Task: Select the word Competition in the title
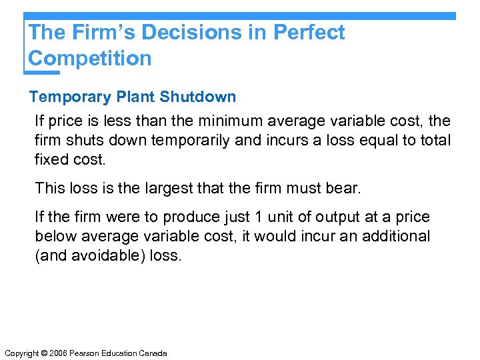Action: [90, 58]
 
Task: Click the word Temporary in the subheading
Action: [70, 97]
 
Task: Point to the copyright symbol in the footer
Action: [47, 353]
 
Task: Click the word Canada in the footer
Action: [153, 353]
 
